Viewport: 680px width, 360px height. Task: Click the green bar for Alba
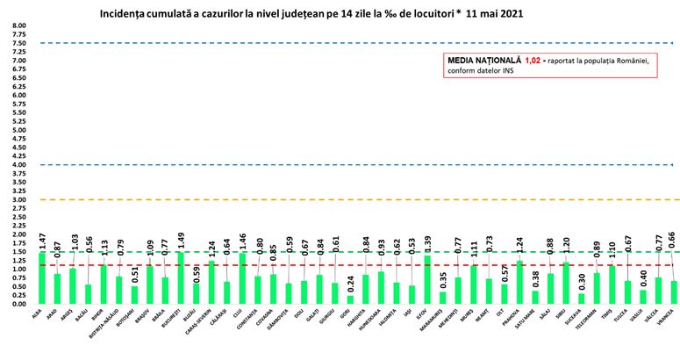(x=42, y=278)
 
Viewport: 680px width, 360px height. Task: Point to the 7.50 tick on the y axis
(x=18, y=43)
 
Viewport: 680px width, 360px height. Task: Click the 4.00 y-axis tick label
(x=18, y=164)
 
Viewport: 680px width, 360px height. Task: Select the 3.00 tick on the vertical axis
(x=18, y=199)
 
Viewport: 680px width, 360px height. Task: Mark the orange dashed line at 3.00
(x=351, y=199)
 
